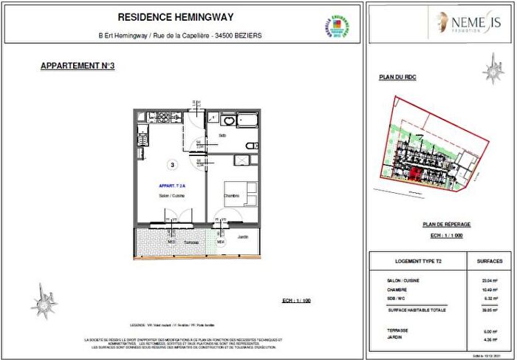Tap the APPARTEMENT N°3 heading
coord(78,67)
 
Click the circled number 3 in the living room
coord(171,165)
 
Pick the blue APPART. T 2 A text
coord(173,186)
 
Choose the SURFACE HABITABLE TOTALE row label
coord(417,311)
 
